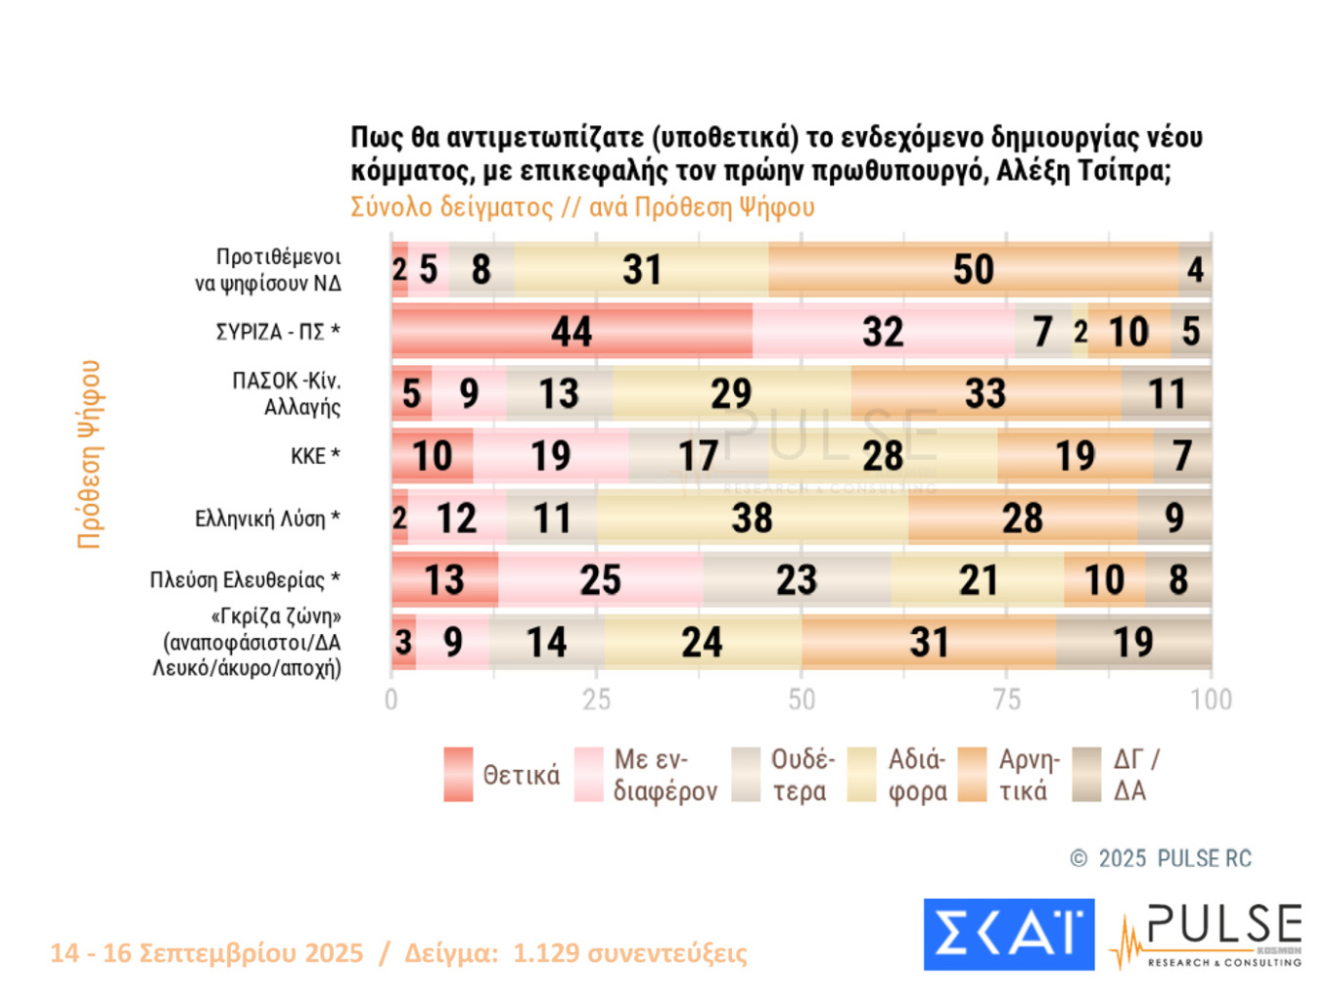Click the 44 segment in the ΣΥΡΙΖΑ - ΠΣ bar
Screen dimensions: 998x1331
(x=572, y=332)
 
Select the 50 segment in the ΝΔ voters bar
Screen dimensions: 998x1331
(x=974, y=270)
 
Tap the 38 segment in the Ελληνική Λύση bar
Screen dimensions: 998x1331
(x=752, y=519)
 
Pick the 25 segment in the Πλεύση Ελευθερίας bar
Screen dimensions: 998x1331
(x=600, y=580)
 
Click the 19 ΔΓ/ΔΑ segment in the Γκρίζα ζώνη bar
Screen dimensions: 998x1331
(x=1133, y=643)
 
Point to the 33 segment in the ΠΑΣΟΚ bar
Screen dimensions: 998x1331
(x=986, y=394)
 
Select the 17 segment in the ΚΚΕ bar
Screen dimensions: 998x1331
(x=699, y=456)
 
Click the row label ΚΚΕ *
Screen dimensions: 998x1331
(x=314, y=456)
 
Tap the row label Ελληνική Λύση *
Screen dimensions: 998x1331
(x=267, y=519)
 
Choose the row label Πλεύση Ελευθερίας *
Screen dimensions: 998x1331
(x=245, y=580)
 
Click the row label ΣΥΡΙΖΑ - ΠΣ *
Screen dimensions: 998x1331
(x=278, y=332)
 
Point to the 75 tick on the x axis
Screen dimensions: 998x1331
(x=1006, y=700)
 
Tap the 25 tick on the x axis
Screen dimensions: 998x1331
(x=596, y=700)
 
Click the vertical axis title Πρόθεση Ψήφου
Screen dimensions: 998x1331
(x=89, y=455)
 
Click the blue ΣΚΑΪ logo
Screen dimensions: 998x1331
(x=1008, y=934)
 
